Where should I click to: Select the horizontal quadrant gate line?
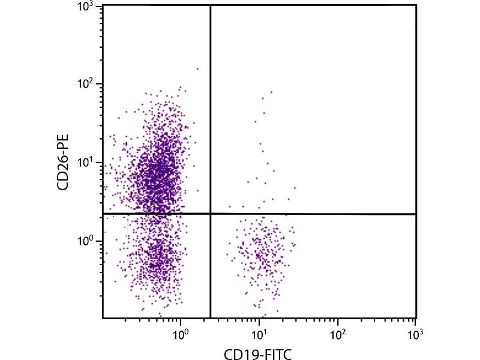coord(312,214)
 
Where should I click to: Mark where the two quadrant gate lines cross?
coord(211,214)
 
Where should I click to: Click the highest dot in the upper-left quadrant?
coord(197,68)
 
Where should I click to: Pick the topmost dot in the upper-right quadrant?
coord(271,92)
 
